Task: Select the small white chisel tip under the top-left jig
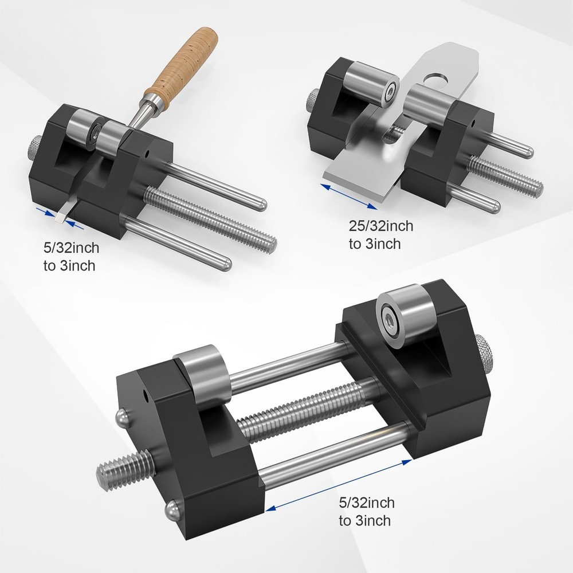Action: [x=60, y=217]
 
